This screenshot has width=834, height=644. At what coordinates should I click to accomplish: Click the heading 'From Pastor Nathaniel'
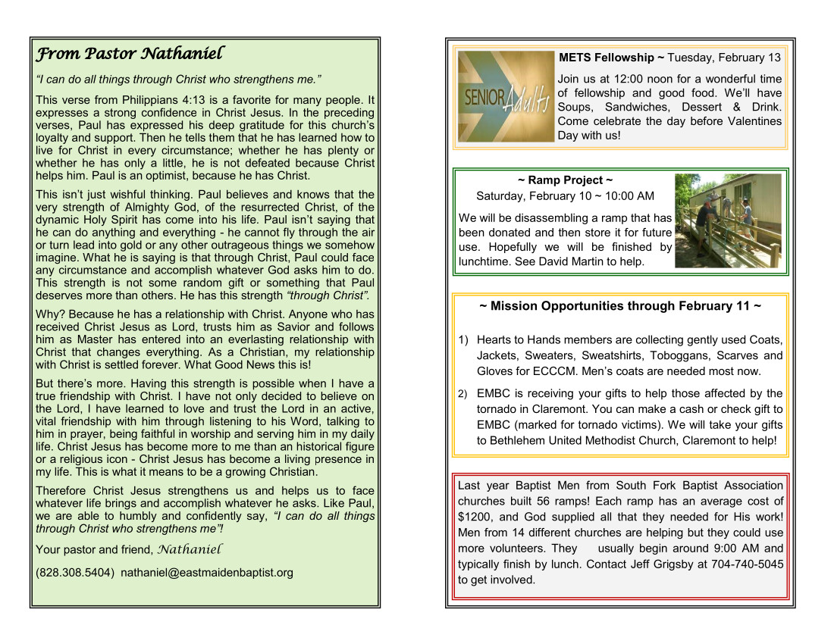click(130, 54)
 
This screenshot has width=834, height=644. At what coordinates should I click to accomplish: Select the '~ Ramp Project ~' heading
click(565, 180)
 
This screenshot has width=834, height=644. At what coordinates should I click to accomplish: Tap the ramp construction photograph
click(728, 220)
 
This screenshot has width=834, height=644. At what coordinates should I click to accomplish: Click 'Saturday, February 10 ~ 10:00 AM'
click(565, 196)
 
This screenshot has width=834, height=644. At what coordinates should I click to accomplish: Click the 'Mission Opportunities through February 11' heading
click(620, 306)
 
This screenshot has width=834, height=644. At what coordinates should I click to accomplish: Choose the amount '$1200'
click(474, 517)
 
